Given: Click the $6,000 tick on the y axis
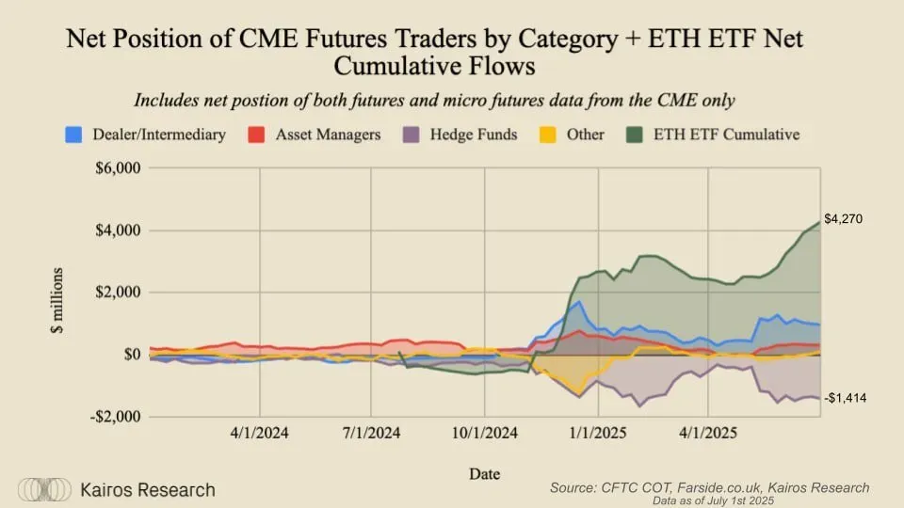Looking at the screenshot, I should click(x=118, y=169).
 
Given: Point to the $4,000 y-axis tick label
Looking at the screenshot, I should click(x=118, y=230).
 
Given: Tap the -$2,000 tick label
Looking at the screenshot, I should click(x=115, y=416).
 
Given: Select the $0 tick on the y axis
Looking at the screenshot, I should click(x=129, y=355).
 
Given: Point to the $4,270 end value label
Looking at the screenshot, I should click(x=843, y=219).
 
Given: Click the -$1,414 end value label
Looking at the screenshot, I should click(x=846, y=399).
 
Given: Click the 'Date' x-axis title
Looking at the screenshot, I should click(x=484, y=473).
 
